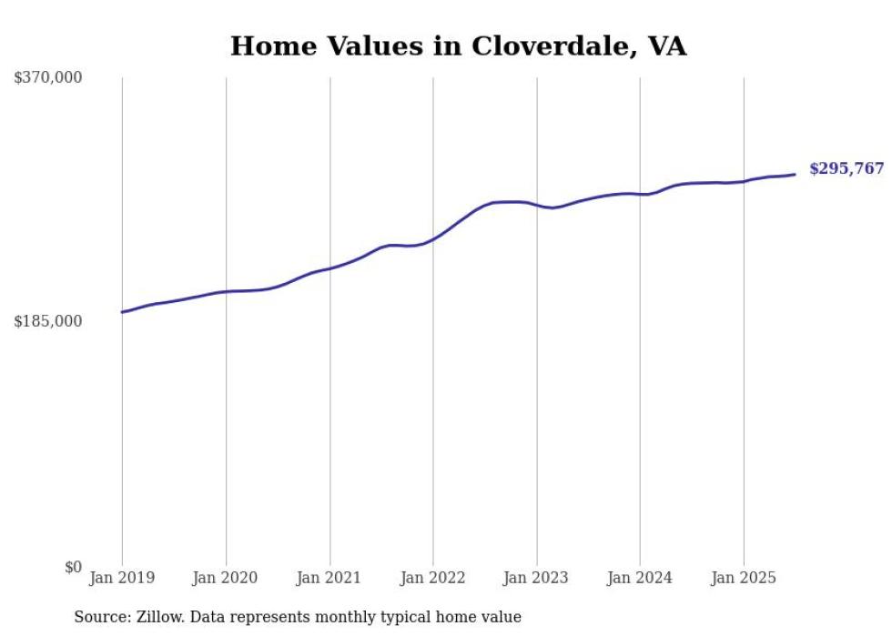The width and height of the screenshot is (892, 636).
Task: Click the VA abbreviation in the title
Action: [x=666, y=45]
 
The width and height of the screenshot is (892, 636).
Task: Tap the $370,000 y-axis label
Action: [x=48, y=78]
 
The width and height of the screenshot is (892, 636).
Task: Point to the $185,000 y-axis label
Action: [x=48, y=321]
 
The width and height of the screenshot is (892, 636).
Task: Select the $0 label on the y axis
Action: [x=73, y=567]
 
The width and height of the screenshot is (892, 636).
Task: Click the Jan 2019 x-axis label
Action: [x=122, y=578]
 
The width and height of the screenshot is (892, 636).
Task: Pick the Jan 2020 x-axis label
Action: [x=226, y=578]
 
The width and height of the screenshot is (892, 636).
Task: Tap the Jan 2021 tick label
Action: [x=329, y=578]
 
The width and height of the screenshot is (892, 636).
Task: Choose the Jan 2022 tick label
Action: [x=433, y=578]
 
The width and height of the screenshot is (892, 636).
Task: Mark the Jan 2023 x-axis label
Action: [x=536, y=578]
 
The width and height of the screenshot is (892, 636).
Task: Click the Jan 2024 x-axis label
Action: [x=640, y=578]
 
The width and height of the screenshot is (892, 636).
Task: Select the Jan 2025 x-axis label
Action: [x=744, y=578]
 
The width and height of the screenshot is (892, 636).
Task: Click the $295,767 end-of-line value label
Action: [x=846, y=169]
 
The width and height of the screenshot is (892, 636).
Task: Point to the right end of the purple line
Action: [x=796, y=174]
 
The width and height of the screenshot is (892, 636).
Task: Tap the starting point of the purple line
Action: [x=122, y=312]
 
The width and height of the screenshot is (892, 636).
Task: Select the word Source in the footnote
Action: [x=100, y=617]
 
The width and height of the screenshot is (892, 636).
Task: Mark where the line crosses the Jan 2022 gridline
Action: [x=433, y=239]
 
